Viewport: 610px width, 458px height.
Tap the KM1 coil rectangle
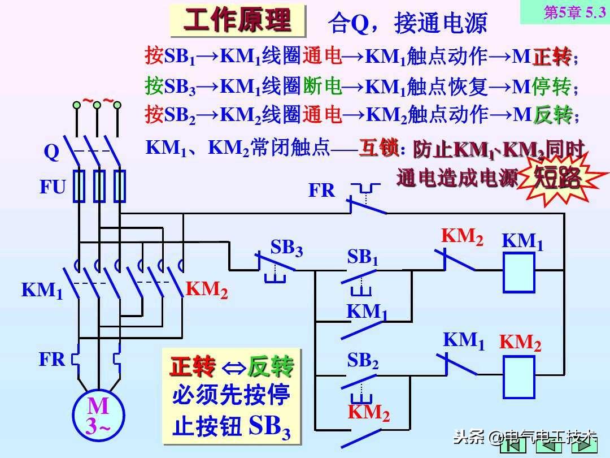[x=519, y=271]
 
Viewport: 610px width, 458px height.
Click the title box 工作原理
[x=237, y=21]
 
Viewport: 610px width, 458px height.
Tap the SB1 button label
[x=362, y=257]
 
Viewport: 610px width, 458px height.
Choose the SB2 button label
[x=362, y=360]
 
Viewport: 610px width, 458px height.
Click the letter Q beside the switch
[x=51, y=152]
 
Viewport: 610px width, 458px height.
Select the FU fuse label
[x=53, y=187]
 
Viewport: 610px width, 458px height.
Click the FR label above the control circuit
[x=321, y=191]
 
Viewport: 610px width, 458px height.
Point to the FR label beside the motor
[x=52, y=359]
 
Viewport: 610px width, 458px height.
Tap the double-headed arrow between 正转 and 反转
[x=232, y=368]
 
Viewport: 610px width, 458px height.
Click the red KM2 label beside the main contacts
[x=207, y=290]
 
